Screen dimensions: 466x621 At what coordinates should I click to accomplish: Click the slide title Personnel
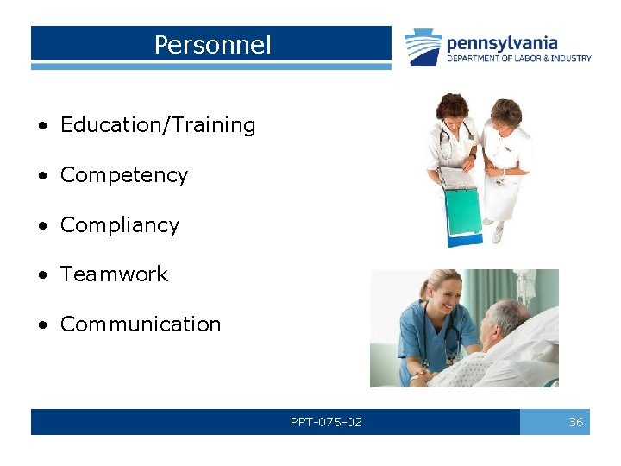pos(212,45)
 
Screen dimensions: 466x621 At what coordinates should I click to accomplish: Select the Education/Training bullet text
pos(158,125)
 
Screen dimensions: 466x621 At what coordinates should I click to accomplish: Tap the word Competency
pos(123,175)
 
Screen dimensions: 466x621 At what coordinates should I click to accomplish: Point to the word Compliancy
pos(119,225)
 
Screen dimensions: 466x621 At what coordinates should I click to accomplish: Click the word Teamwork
pos(114,274)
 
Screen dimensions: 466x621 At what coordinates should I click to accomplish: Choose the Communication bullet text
pos(141,324)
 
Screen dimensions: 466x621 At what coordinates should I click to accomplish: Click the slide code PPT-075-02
pos(326,422)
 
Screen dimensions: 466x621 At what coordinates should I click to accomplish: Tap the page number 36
pos(575,422)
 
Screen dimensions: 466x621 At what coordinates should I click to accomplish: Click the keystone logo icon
pos(423,47)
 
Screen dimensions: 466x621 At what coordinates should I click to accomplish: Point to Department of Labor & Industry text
pos(518,59)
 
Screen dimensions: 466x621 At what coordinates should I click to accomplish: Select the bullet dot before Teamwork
pos(42,275)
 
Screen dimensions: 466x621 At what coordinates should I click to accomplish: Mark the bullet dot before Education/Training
pos(42,126)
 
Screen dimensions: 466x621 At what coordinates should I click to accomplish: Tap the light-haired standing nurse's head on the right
pos(505,112)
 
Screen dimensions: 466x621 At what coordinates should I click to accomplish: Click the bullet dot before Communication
pos(42,325)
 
